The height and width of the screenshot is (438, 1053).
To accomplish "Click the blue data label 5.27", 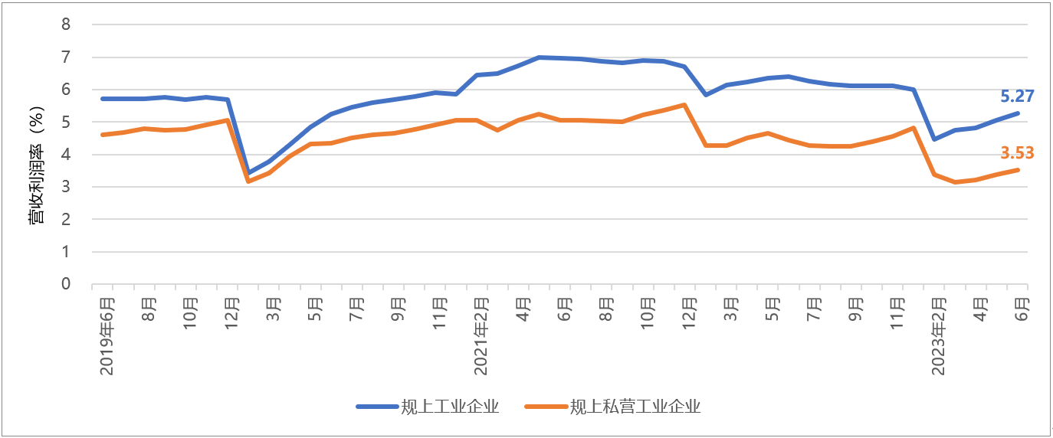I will tap(1017, 96).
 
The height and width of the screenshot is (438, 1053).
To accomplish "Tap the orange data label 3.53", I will tap(1017, 154).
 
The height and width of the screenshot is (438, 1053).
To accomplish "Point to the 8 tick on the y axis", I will tap(66, 25).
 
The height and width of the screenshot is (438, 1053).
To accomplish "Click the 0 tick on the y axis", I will tap(66, 284).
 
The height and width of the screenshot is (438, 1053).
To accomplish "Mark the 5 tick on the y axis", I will tap(66, 122).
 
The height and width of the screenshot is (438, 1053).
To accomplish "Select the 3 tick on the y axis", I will tap(66, 187).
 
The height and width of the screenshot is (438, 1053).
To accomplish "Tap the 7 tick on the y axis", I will tap(66, 57).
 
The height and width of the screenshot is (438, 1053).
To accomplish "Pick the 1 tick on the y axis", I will tap(66, 252).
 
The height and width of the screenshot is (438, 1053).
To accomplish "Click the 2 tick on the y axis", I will tap(66, 219).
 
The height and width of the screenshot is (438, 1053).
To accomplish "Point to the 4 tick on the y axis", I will tap(66, 155).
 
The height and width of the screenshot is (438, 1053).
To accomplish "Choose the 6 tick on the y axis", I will tap(66, 90).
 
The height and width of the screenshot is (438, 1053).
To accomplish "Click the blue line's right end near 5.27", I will tap(1018, 113).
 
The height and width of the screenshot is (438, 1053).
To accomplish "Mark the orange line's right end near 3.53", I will tap(1018, 170).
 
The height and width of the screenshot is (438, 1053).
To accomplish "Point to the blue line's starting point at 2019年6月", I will tap(103, 99).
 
